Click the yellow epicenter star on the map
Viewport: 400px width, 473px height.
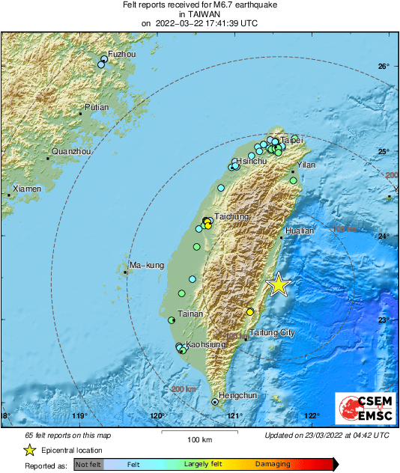point(279,284)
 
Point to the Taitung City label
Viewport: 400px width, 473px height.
point(271,332)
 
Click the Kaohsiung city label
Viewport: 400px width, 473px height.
point(205,344)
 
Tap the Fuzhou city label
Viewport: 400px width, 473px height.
point(122,55)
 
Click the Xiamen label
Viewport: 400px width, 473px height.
point(26,189)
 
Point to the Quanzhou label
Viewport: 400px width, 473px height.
point(71,151)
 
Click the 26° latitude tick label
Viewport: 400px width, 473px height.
point(384,67)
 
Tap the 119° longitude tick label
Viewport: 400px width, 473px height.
point(80,415)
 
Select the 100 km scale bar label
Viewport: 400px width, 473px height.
point(199,439)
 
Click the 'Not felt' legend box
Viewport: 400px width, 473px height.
point(88,466)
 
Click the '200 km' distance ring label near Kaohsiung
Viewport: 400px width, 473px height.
point(183,389)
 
